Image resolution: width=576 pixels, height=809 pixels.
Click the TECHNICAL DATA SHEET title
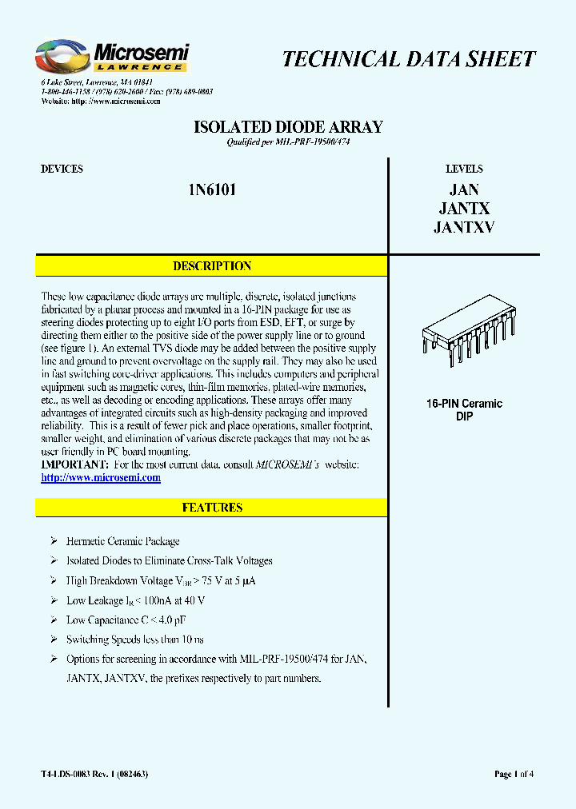[x=409, y=59]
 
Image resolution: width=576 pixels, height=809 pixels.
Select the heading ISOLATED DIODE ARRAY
[x=289, y=127]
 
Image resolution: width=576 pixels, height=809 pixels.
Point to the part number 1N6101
[x=211, y=190]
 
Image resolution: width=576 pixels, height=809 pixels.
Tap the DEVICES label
[x=62, y=169]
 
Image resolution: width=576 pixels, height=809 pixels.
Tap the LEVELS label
[x=464, y=169]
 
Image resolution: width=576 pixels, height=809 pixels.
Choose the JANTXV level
[x=464, y=227]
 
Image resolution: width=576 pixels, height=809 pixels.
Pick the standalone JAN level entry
[x=464, y=189]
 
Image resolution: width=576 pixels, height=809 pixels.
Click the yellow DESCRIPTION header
[x=212, y=266]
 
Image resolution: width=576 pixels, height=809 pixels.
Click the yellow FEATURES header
[x=212, y=508]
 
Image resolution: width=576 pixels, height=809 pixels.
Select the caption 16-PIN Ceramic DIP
[x=464, y=410]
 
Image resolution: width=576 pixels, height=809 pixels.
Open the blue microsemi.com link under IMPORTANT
[x=101, y=478]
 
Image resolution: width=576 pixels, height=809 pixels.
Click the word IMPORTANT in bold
[x=74, y=465]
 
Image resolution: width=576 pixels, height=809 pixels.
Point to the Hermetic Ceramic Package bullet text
[x=123, y=541]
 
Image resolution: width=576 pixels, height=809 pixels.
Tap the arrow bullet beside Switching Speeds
[x=54, y=640]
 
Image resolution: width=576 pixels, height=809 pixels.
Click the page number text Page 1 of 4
[x=514, y=774]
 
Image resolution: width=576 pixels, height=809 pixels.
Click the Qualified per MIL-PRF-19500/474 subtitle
[x=289, y=142]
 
